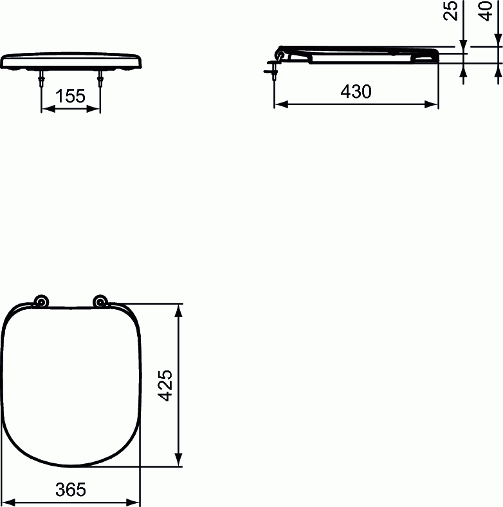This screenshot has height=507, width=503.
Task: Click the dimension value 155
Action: [70, 97]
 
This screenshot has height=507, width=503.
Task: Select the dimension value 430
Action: [356, 92]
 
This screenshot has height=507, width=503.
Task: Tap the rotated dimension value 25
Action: [452, 11]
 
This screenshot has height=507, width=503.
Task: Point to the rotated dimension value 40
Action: [487, 11]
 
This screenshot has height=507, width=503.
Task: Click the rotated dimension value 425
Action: [166, 385]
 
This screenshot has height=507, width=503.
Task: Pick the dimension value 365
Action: [70, 490]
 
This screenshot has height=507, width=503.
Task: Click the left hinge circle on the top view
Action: [41, 301]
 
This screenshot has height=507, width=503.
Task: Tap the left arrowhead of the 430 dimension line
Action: [279, 104]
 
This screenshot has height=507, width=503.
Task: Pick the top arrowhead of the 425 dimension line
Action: [179, 309]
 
